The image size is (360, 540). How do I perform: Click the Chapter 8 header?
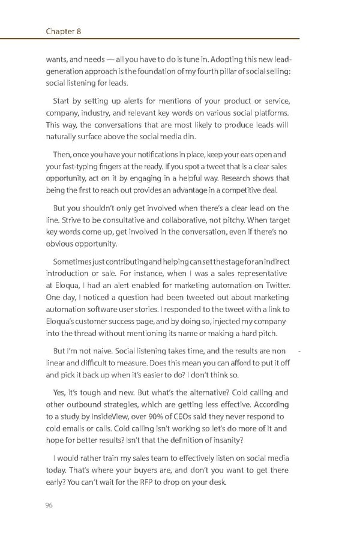point(64,31)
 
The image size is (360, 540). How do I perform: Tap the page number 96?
point(50,505)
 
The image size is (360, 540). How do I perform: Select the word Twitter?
point(275,286)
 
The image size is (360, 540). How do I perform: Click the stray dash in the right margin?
point(298,350)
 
